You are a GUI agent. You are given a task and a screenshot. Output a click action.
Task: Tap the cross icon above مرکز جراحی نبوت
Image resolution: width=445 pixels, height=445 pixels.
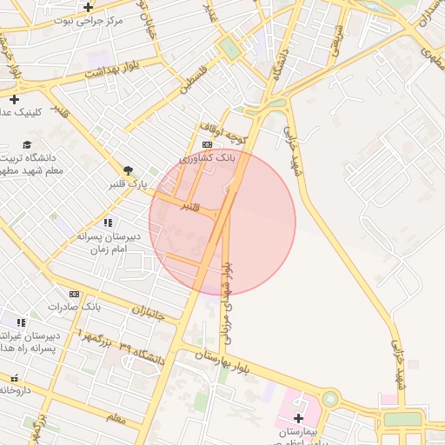(88, 7)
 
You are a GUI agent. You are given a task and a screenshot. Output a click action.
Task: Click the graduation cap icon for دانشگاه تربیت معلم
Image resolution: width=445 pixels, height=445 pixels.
(27, 144)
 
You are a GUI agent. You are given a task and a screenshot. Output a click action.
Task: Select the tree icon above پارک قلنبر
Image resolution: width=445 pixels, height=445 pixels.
(129, 169)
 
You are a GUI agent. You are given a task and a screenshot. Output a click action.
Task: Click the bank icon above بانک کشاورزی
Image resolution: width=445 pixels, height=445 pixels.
(206, 145)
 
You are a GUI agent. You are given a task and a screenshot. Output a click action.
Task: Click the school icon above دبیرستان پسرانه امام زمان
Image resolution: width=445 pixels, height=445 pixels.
(108, 222)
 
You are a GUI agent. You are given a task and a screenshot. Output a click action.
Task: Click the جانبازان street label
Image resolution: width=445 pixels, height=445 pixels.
(149, 311)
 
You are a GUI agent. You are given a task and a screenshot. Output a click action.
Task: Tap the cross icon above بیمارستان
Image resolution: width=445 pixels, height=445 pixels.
(298, 417)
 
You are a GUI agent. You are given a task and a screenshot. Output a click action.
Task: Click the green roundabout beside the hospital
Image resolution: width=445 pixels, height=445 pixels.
(329, 400)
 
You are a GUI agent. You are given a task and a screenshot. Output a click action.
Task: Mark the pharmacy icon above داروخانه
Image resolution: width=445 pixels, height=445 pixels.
(14, 378)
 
